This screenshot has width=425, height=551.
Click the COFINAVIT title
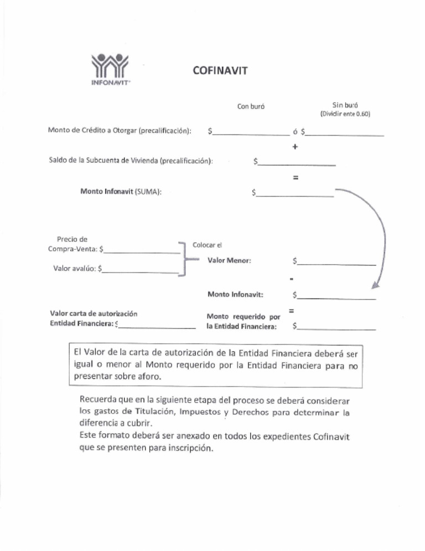(x=219, y=70)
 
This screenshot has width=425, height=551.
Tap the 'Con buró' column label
(x=251, y=106)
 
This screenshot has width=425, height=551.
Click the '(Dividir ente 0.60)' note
(x=345, y=114)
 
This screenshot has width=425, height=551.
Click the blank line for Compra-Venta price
(x=142, y=252)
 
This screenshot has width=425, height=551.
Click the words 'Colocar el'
(x=206, y=244)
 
